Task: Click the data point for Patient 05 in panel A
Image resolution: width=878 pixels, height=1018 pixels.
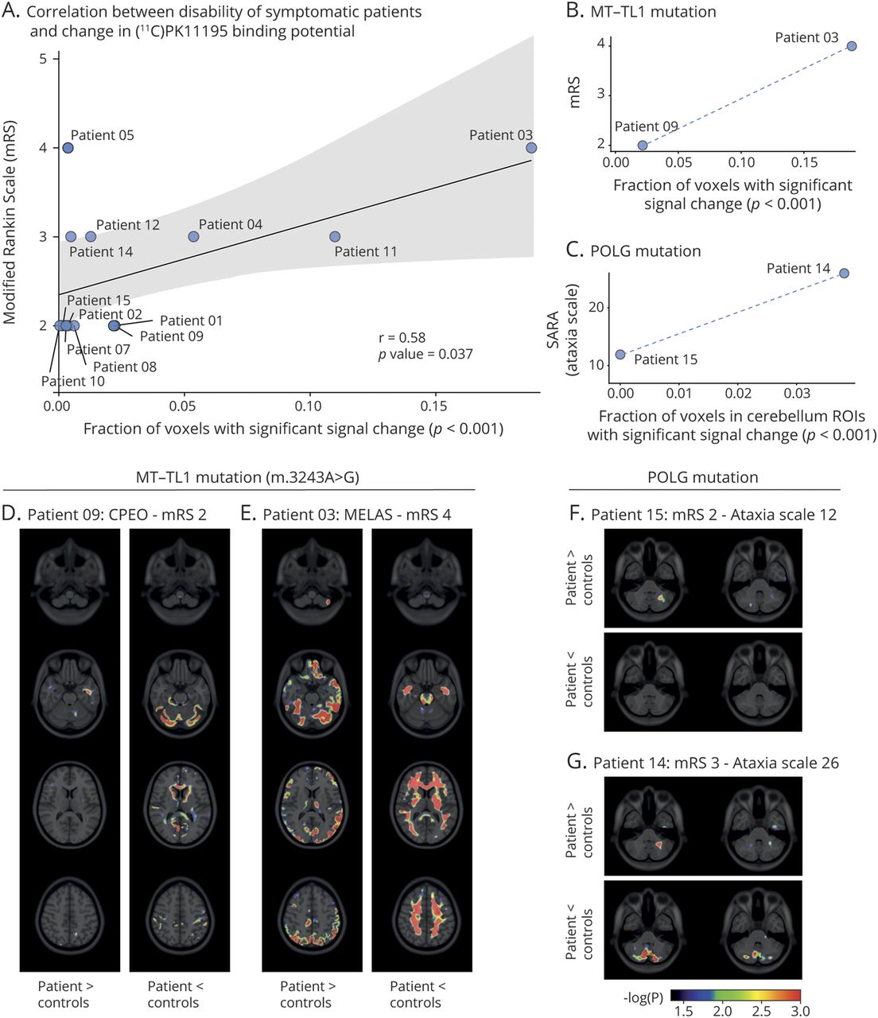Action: coord(68,148)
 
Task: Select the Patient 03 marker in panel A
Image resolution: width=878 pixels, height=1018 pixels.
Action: coord(531,148)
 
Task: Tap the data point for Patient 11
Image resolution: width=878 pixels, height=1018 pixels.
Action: coord(335,236)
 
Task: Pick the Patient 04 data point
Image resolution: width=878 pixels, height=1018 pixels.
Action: coord(193,236)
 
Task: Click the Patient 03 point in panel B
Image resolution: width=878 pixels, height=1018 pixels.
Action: coord(852,46)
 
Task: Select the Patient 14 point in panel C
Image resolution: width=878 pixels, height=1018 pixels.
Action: coord(844,273)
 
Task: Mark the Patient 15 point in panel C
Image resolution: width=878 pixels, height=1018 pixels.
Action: coord(620,354)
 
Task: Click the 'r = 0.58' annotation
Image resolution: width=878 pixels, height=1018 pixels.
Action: coord(402,338)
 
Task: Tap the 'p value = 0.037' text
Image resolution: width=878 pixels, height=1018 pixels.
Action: coord(425,354)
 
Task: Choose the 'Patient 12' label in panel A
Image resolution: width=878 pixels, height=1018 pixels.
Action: coord(127,225)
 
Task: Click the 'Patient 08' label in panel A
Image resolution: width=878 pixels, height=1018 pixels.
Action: coord(124,367)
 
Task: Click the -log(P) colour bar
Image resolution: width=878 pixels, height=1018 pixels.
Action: coord(735,995)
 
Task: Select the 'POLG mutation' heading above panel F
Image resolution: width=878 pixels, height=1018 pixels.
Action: coord(703,477)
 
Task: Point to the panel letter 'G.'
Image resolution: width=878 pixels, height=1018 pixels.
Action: coord(576,762)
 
